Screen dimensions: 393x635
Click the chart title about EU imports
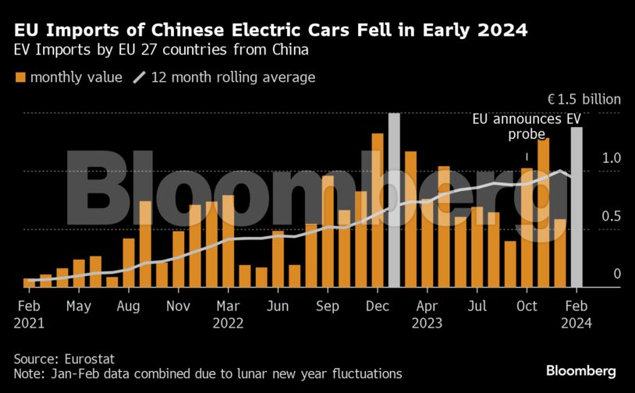pyautogui.click(x=270, y=30)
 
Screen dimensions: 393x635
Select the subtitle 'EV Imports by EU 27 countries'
pyautogui.click(x=161, y=51)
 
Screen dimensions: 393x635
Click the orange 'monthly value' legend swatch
pyautogui.click(x=20, y=77)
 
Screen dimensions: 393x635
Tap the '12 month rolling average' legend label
pyautogui.click(x=232, y=77)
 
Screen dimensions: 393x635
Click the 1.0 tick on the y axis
pyautogui.click(x=610, y=158)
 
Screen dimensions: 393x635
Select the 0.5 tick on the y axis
pyautogui.click(x=610, y=216)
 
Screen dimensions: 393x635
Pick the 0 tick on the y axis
pyautogui.click(x=616, y=274)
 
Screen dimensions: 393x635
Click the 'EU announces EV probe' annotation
pyautogui.click(x=527, y=127)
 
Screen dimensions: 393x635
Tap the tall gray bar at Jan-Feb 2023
pyautogui.click(x=394, y=200)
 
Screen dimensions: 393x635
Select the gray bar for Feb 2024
pyautogui.click(x=576, y=207)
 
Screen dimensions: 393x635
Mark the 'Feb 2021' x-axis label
pyautogui.click(x=29, y=314)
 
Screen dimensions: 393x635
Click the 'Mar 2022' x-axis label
pyautogui.click(x=228, y=314)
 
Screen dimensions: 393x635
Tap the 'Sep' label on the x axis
pyautogui.click(x=328, y=306)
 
